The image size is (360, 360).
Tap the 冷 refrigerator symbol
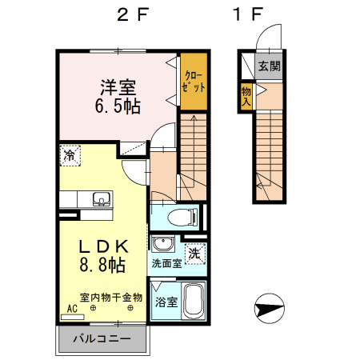(71, 154)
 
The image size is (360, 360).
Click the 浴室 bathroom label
(166, 303)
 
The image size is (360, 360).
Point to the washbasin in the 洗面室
(163, 245)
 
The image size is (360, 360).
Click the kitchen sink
(100, 199)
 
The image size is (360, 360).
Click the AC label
(72, 308)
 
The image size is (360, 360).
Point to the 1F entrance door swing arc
(266, 36)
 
